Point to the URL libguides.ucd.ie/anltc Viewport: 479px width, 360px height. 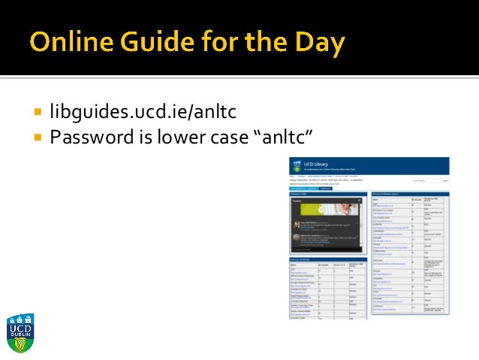tap(143, 113)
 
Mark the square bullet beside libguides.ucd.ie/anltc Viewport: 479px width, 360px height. tap(38, 113)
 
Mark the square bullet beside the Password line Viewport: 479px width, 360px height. tap(38, 138)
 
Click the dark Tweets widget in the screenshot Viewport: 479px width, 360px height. tap(327, 225)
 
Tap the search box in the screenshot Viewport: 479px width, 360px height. tap(445, 181)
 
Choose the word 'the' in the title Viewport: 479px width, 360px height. tap(273, 44)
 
